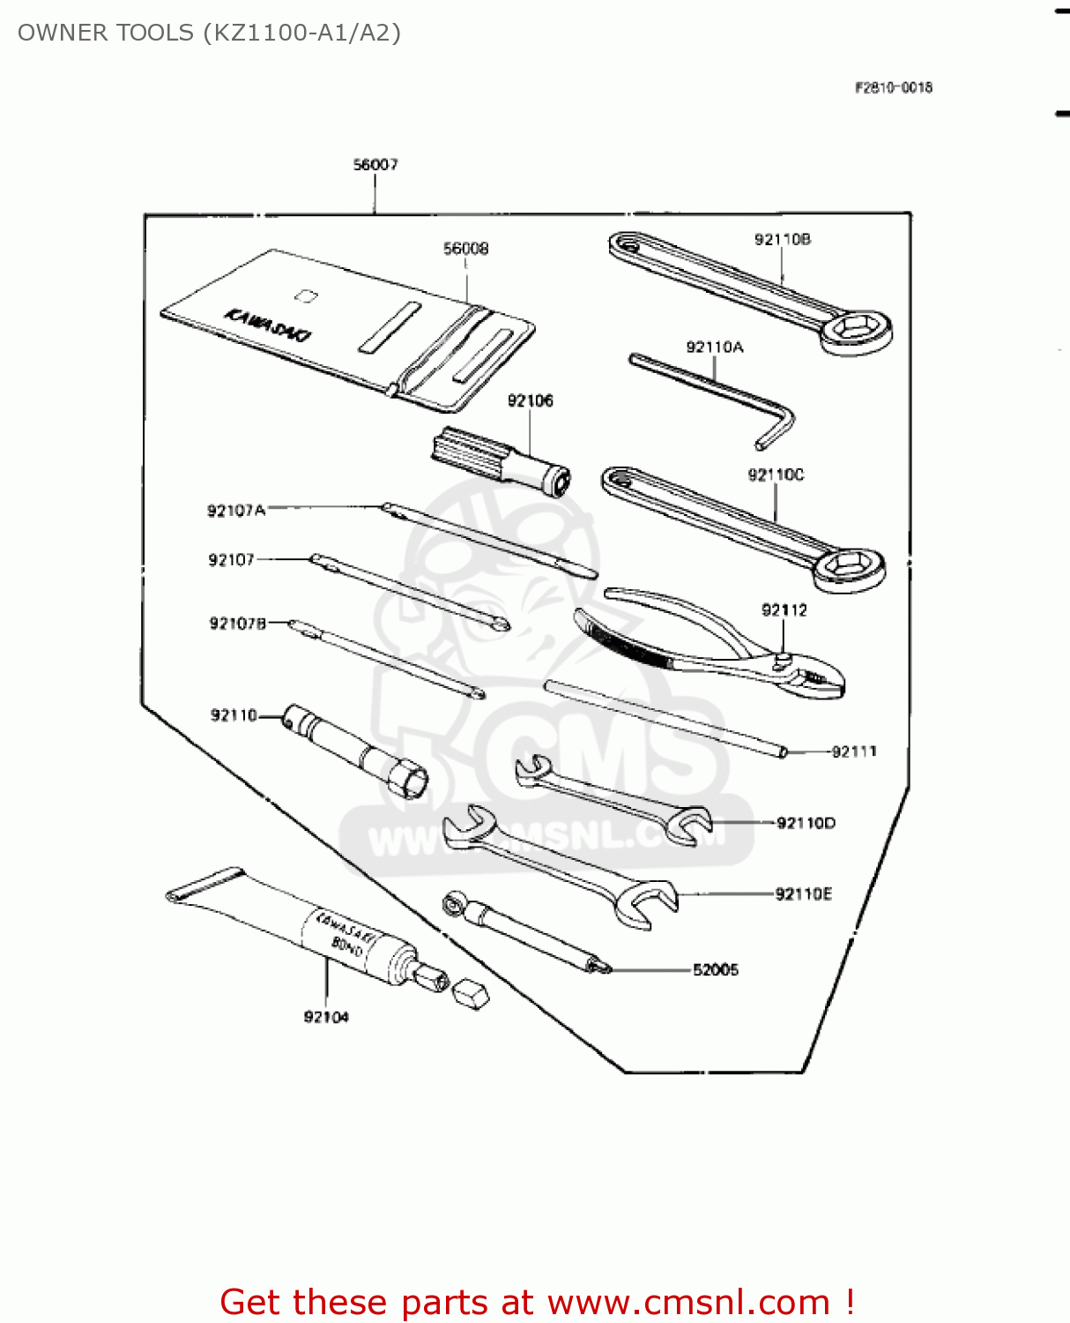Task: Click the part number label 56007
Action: point(375,165)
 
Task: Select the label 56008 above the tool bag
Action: point(465,249)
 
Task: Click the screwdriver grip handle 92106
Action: point(467,453)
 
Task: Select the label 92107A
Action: point(235,511)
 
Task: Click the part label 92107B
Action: point(237,624)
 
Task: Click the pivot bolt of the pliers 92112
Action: point(782,659)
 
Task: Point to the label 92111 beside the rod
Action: point(854,751)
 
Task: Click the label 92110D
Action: point(806,823)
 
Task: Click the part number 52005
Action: point(716,970)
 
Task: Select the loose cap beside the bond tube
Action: point(470,993)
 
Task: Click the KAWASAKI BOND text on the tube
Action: point(344,936)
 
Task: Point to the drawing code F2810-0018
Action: point(893,87)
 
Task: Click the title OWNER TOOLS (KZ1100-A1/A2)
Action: point(209,33)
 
